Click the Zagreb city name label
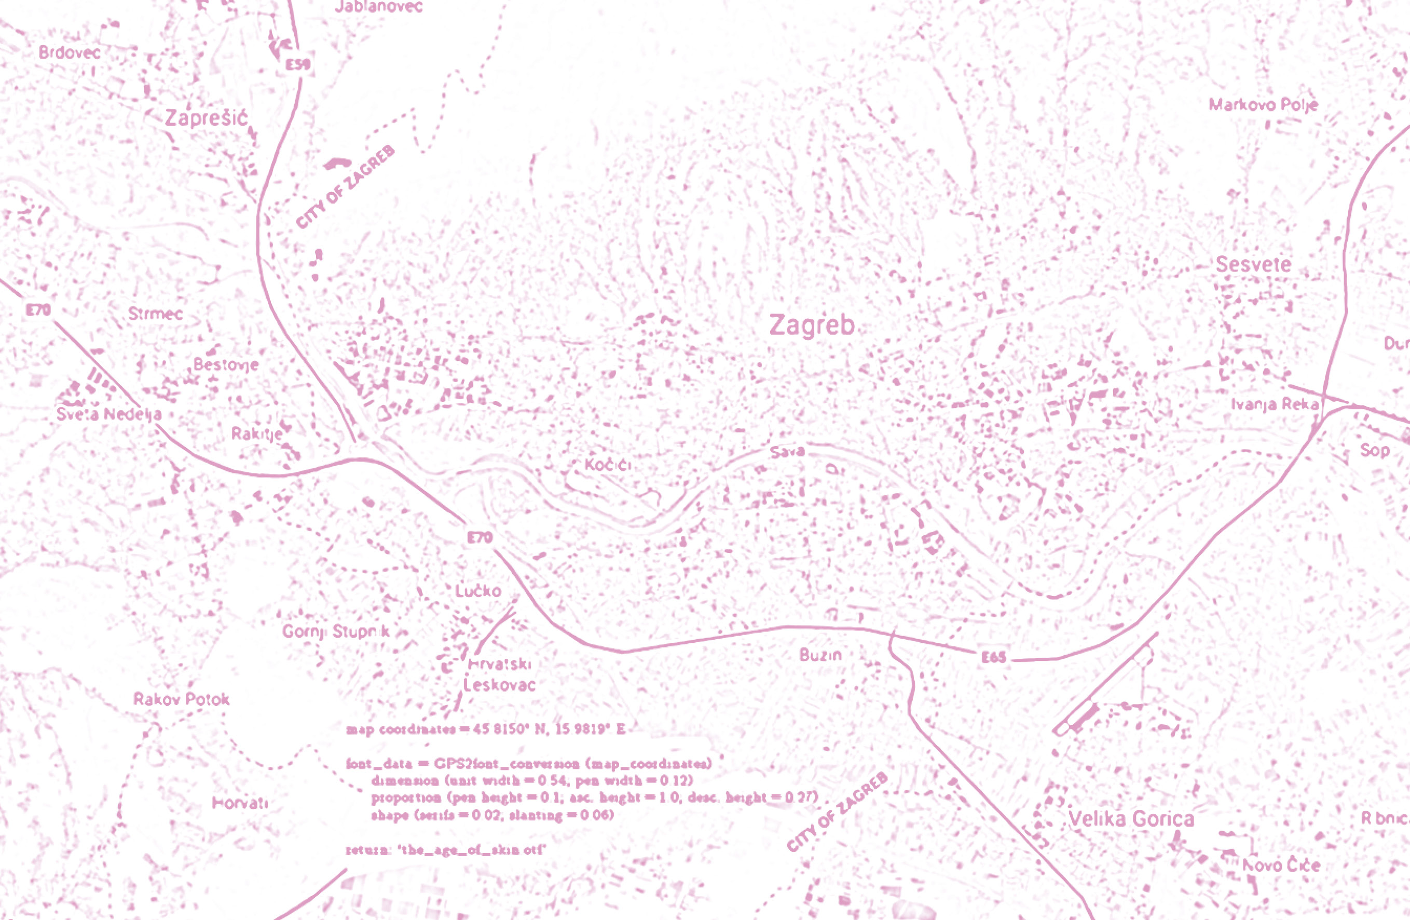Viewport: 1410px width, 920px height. pos(812,325)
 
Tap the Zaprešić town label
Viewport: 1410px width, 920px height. pos(206,118)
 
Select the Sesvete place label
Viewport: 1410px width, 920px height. pos(1253,264)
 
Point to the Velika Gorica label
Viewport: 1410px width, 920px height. pos(1131,819)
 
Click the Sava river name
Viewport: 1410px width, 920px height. pos(787,452)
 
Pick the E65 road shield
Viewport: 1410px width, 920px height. pos(993,657)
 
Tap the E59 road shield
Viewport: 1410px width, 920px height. pos(297,64)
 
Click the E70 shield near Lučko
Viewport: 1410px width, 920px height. pos(480,537)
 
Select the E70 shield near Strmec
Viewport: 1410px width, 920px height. pos(38,309)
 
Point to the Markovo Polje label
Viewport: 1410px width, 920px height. pos(1263,105)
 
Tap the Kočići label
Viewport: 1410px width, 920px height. pos(608,464)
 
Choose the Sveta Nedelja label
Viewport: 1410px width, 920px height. pos(108,414)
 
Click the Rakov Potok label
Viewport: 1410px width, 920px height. pos(181,699)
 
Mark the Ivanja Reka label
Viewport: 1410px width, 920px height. pos(1275,404)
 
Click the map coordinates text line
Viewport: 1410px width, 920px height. pos(486,728)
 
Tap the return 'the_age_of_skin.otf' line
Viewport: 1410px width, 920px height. pos(445,849)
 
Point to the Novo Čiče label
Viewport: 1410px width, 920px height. pos(1281,865)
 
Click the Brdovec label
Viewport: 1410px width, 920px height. pos(70,53)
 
